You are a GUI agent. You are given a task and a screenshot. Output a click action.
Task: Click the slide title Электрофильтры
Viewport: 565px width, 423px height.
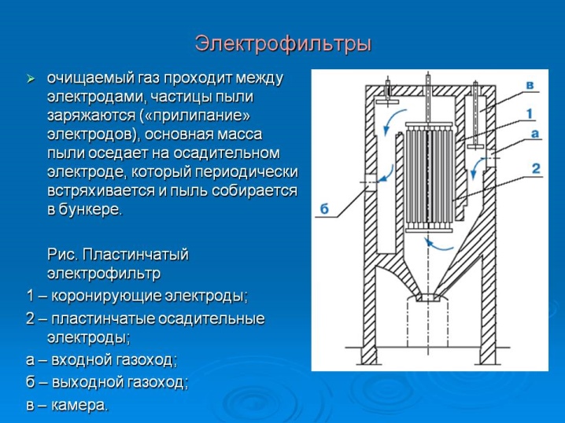click(x=282, y=44)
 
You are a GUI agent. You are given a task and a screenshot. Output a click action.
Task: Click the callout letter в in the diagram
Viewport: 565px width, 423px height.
click(x=530, y=86)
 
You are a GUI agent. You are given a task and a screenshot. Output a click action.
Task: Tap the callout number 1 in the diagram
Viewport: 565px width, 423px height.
click(x=530, y=114)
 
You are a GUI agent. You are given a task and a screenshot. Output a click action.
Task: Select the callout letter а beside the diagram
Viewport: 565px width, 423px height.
click(x=535, y=134)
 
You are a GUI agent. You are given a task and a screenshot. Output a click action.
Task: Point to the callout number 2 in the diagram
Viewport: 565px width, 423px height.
click(x=536, y=168)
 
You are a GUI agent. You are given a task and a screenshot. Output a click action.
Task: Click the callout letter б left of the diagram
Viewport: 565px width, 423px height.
click(x=325, y=208)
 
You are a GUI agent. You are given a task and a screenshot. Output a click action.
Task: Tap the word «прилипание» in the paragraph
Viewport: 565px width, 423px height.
click(x=194, y=116)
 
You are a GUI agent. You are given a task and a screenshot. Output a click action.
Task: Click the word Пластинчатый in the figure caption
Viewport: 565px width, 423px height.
click(x=135, y=255)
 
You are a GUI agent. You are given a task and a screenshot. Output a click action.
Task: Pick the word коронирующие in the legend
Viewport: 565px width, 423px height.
click(x=106, y=296)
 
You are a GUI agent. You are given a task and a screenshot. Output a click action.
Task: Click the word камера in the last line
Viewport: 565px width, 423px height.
click(x=79, y=406)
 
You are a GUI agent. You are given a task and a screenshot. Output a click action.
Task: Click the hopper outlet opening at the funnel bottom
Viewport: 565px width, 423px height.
click(x=428, y=298)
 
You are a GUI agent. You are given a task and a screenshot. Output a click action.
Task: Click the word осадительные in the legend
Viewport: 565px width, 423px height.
click(x=212, y=319)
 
